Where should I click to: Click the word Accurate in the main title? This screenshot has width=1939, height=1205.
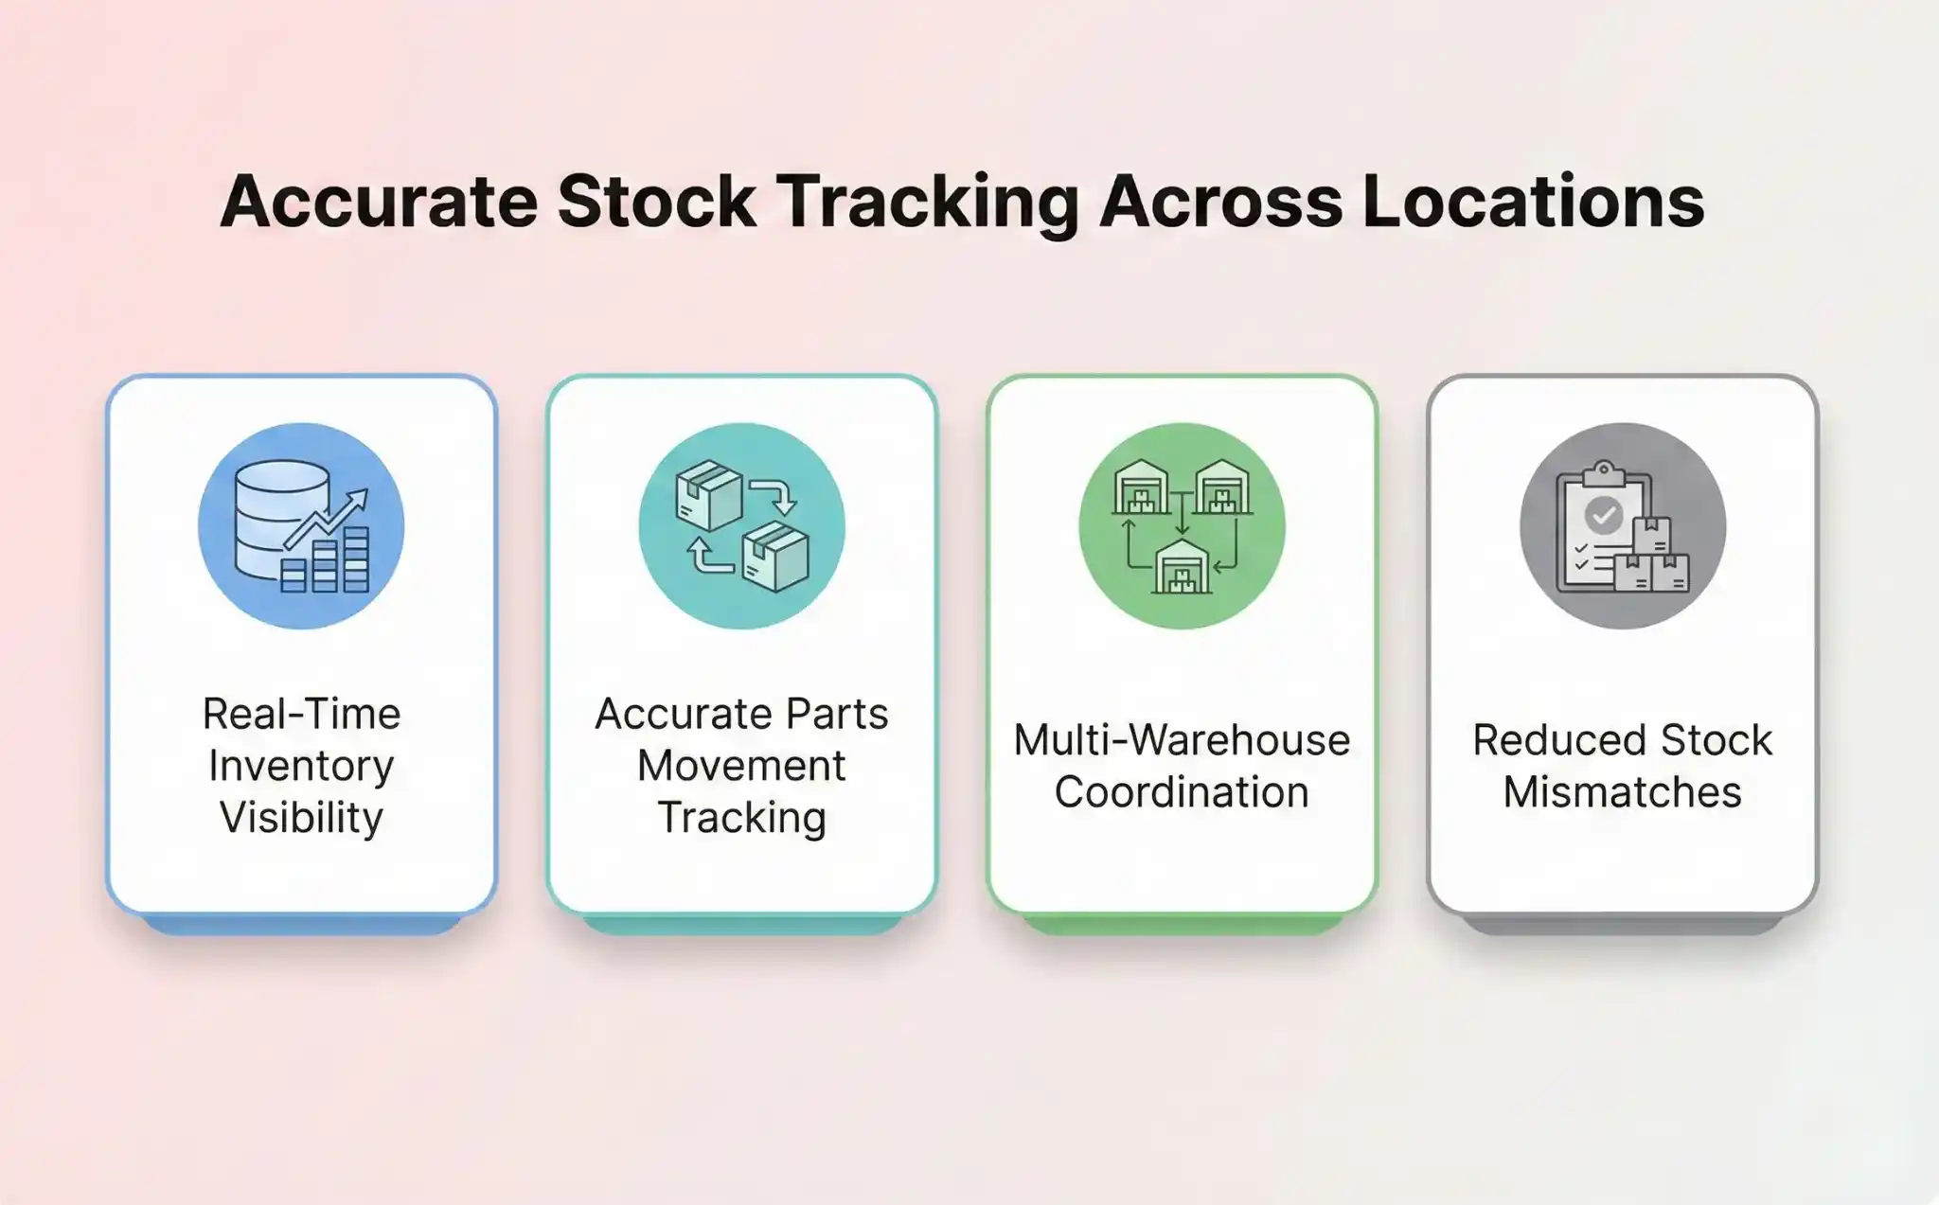tap(379, 202)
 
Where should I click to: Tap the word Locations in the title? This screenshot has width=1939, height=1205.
tap(1533, 202)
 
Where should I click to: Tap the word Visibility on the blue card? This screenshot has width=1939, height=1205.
tap(301, 817)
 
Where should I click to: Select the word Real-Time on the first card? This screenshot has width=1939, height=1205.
tap(301, 714)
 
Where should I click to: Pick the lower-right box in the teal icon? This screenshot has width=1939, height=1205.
tap(776, 558)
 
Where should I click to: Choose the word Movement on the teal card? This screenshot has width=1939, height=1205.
tap(741, 766)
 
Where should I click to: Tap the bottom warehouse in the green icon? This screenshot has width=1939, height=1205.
tap(1181, 567)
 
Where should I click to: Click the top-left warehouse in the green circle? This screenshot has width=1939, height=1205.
tap(1141, 488)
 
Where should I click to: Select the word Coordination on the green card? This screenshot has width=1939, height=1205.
tap(1182, 792)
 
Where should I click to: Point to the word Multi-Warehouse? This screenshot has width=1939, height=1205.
tap(1182, 740)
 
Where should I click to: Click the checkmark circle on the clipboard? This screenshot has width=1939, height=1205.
tap(1603, 515)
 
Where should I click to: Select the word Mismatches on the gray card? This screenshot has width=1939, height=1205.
tap(1622, 792)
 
